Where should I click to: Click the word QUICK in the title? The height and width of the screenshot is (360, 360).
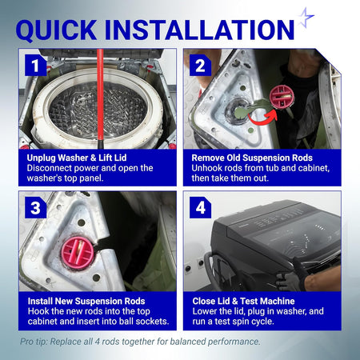coord(56,30)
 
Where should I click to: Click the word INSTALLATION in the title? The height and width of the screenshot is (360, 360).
coord(199,30)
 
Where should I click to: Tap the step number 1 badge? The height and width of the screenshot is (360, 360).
coord(35,65)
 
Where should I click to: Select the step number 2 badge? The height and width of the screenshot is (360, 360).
coord(200,65)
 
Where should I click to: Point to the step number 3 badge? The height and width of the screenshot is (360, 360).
coord(35,207)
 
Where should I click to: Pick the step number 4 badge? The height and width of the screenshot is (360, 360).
coord(200,207)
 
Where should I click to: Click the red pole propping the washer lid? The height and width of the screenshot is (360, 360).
coord(100,98)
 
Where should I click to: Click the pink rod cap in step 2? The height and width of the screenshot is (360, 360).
coord(282,96)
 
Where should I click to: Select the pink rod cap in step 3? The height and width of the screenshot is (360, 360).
coord(78,252)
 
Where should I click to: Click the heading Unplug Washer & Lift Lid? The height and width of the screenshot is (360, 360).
coord(77,158)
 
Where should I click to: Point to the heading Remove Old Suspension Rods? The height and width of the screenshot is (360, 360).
coord(252,158)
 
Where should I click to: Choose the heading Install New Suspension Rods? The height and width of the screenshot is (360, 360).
coord(86,301)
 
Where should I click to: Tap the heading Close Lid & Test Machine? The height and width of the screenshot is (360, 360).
coord(243,301)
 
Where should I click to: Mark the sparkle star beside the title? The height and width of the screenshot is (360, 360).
coord(306,17)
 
